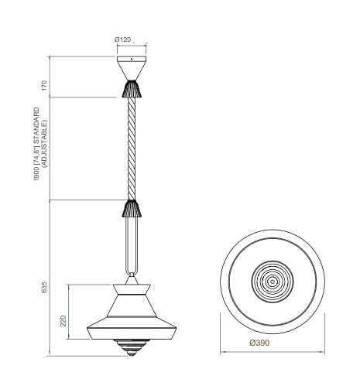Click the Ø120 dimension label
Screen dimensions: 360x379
tap(122, 39)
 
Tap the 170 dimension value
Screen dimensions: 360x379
tap(44, 86)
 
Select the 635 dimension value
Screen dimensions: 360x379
tap(44, 287)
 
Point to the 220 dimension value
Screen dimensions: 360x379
tap(63, 321)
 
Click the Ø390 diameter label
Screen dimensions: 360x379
tap(259, 343)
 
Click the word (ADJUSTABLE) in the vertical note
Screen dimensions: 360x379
tap(44, 144)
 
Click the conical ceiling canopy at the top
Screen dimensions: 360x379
tap(132, 68)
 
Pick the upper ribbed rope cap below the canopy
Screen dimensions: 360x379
tap(132, 89)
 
